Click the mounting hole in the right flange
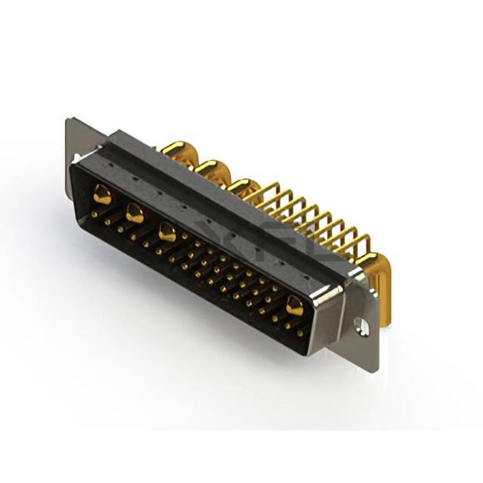tap(362, 327)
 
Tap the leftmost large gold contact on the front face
tap(102, 197)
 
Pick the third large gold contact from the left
tap(167, 233)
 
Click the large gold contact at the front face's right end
tap(295, 306)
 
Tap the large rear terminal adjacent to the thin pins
tap(242, 187)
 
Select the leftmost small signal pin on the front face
tap(94, 214)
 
